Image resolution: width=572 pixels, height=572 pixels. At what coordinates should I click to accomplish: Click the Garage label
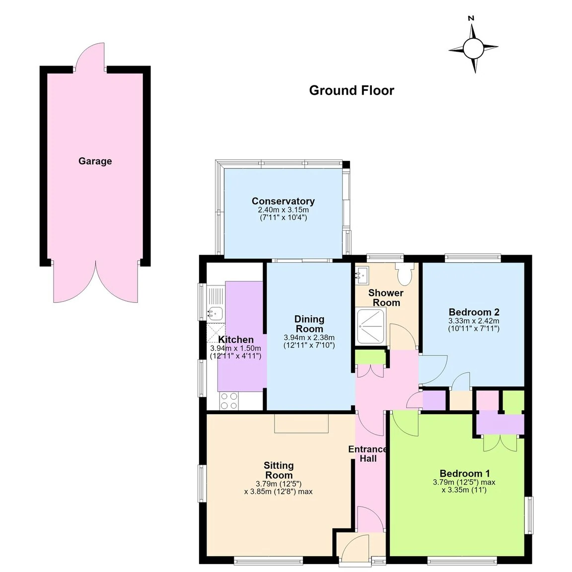95,161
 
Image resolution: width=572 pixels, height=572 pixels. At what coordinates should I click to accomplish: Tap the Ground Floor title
352,90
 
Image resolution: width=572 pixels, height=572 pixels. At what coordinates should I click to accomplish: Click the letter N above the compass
471,18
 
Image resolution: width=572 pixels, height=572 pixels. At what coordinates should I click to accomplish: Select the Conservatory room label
283,201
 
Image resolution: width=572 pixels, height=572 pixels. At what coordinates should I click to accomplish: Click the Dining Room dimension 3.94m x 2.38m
309,338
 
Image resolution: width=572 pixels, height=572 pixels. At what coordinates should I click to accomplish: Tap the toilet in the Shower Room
405,274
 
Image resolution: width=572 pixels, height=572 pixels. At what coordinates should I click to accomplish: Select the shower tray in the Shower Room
371,326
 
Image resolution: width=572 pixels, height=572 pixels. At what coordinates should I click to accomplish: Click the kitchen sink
215,313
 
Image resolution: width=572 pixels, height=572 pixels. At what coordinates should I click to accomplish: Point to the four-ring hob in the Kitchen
229,401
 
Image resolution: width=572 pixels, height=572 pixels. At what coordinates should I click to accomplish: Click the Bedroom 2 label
474,312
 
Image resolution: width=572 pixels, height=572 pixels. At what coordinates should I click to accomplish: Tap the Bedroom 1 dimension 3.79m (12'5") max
464,482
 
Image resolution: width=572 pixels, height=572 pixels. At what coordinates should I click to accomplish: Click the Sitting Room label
279,470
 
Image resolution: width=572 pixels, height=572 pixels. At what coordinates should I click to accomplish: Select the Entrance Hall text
368,454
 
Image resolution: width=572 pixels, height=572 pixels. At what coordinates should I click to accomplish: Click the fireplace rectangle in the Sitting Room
301,423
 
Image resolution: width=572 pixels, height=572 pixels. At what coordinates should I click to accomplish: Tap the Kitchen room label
236,340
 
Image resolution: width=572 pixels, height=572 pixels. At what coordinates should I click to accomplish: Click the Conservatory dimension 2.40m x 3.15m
283,210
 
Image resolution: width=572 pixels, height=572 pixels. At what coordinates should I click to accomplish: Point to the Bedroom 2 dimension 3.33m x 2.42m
474,321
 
